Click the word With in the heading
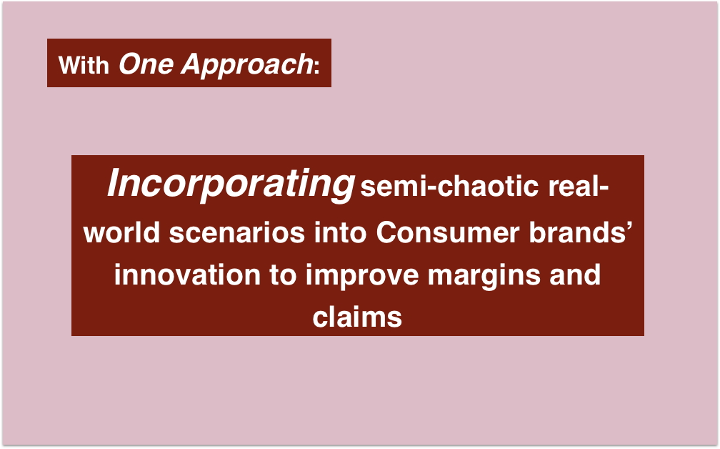pyautogui.click(x=84, y=65)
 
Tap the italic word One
pyautogui.click(x=146, y=64)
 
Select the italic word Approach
pyautogui.click(x=247, y=65)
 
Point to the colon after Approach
pyautogui.click(x=316, y=67)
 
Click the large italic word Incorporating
pyautogui.click(x=231, y=184)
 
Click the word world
pyautogui.click(x=121, y=232)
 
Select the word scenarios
pyautogui.click(x=237, y=232)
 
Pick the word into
pyautogui.click(x=340, y=232)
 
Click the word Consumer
pyautogui.click(x=448, y=232)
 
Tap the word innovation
pyautogui.click(x=187, y=275)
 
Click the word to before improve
pyautogui.click(x=283, y=275)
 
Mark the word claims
pyautogui.click(x=357, y=317)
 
